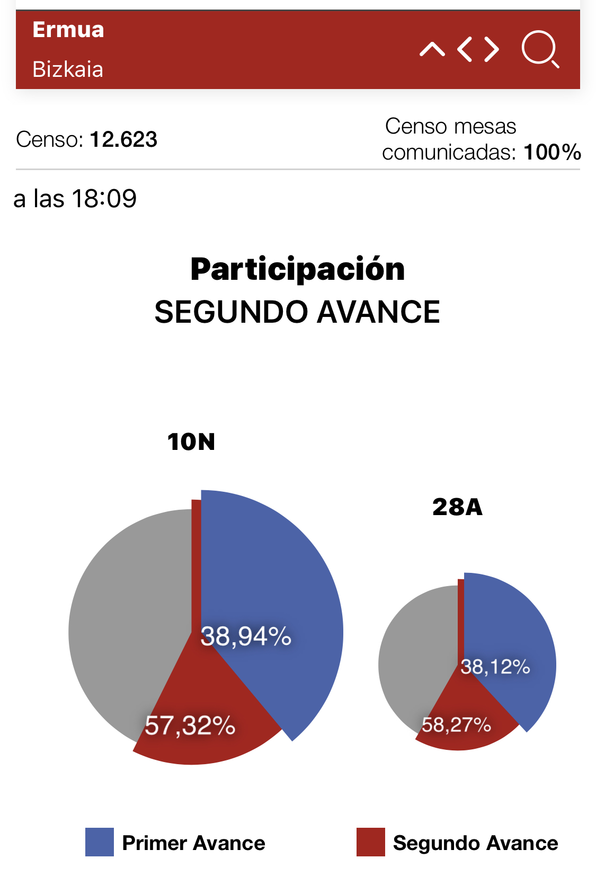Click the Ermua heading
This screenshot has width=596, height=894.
tap(68, 30)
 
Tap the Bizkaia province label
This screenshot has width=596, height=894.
tap(68, 69)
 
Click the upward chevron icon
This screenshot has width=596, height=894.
tap(432, 49)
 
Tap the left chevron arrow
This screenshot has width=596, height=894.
tap(465, 49)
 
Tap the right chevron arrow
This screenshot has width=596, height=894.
tap(492, 49)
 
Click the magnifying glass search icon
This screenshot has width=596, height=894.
tap(540, 49)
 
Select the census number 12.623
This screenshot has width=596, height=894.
tap(123, 139)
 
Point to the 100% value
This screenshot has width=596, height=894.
tap(552, 152)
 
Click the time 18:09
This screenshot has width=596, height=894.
tap(104, 199)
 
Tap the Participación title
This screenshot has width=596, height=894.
tap(298, 269)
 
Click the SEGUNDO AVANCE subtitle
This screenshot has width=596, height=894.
tap(297, 312)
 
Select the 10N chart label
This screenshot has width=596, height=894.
tap(191, 442)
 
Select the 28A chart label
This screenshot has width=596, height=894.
tap(458, 507)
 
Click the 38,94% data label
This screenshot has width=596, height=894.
tap(246, 636)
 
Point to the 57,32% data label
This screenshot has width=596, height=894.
tap(190, 725)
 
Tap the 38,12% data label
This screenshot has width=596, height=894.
tap(495, 666)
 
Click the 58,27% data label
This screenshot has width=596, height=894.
tap(457, 724)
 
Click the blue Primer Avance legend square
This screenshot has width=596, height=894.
tap(100, 842)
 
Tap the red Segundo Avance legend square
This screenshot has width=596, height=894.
tap(370, 842)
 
